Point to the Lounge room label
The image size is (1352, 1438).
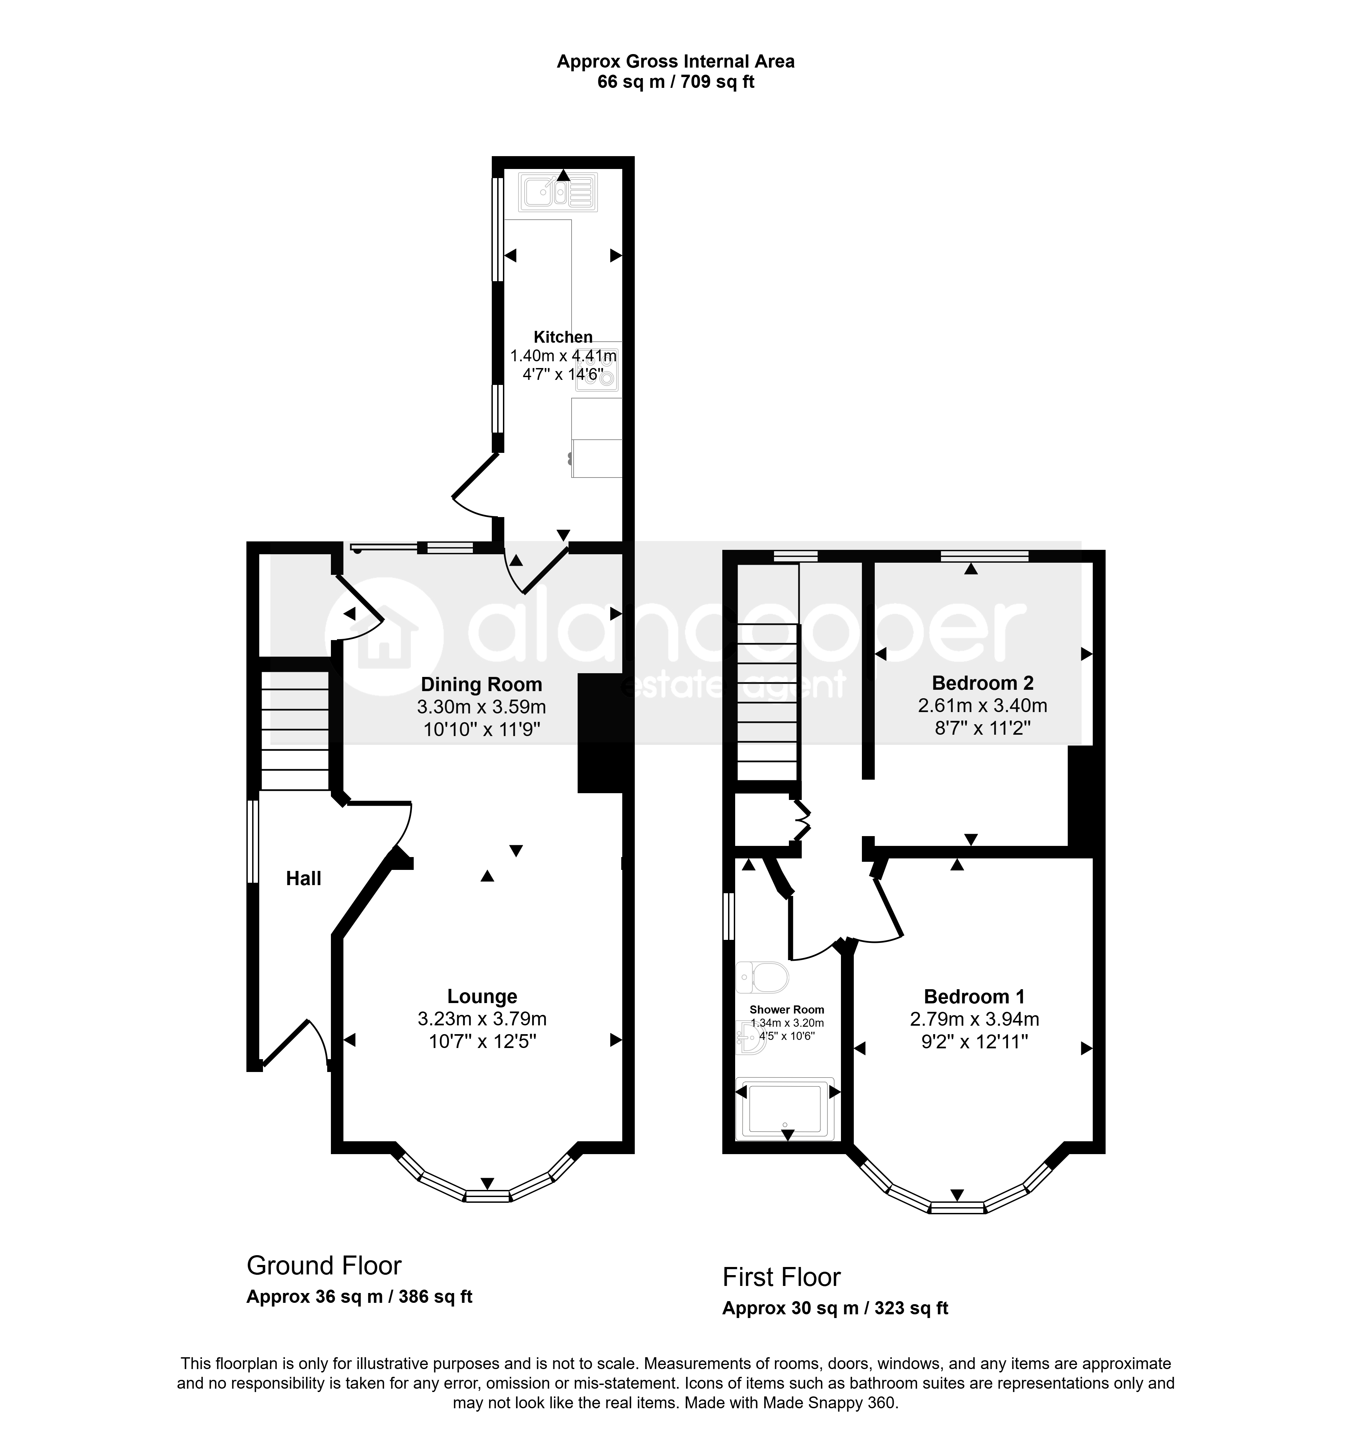point(482,997)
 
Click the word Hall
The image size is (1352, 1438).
point(303,879)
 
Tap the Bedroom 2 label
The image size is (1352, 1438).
point(982,683)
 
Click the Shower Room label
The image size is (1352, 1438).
point(786,1010)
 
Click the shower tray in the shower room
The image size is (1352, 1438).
point(785,1109)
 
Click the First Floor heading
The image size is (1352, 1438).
point(781,1277)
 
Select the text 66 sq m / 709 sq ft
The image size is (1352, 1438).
point(676,82)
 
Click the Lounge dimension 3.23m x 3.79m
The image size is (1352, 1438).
point(482,1019)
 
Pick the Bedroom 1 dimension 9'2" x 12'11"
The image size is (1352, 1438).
point(974,1042)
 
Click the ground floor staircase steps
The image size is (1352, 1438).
point(294,731)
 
